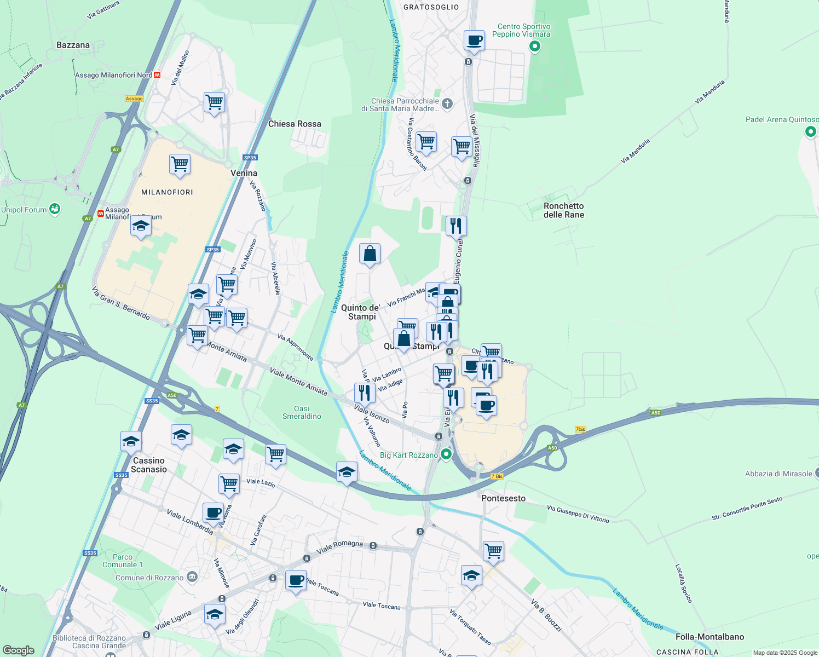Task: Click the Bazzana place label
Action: [73, 45]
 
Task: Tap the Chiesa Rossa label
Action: [295, 124]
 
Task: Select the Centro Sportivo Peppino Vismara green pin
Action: [535, 47]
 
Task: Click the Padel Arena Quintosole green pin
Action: [811, 131]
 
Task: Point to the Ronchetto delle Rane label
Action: [563, 210]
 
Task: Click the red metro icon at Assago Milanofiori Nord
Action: [158, 75]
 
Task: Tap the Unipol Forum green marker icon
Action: [54, 209]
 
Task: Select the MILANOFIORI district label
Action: [167, 192]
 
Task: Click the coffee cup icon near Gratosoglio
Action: [474, 41]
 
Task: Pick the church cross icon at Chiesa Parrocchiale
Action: [447, 103]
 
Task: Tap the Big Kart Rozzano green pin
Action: [447, 454]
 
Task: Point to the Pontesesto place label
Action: [503, 498]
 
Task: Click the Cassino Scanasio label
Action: [149, 465]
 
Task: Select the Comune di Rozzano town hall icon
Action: [192, 577]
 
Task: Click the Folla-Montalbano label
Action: [710, 637]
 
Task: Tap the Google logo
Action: [18, 650]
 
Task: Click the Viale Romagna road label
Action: [339, 546]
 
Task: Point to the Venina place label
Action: [244, 173]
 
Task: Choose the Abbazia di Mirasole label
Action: [778, 474]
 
